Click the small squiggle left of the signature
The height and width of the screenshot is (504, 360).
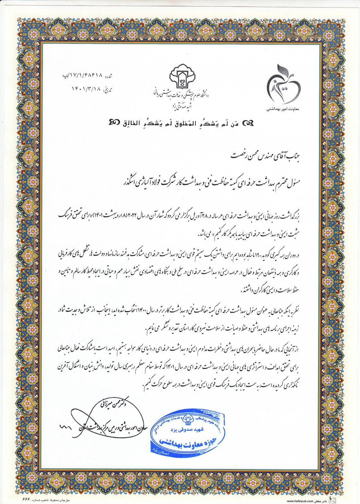[66, 427]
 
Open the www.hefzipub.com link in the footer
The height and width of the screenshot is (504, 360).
[300, 501]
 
